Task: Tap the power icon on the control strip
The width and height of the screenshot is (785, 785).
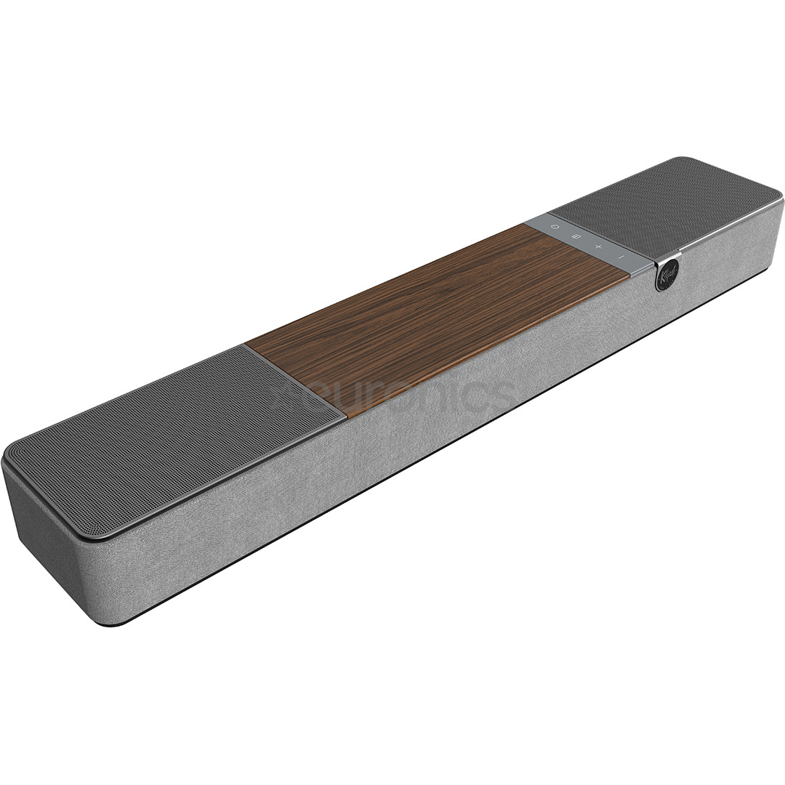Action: [x=555, y=227]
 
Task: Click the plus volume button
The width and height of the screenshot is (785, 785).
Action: [x=599, y=247]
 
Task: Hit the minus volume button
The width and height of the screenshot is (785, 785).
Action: [x=621, y=257]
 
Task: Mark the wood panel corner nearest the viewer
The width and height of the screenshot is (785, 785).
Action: [x=347, y=417]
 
